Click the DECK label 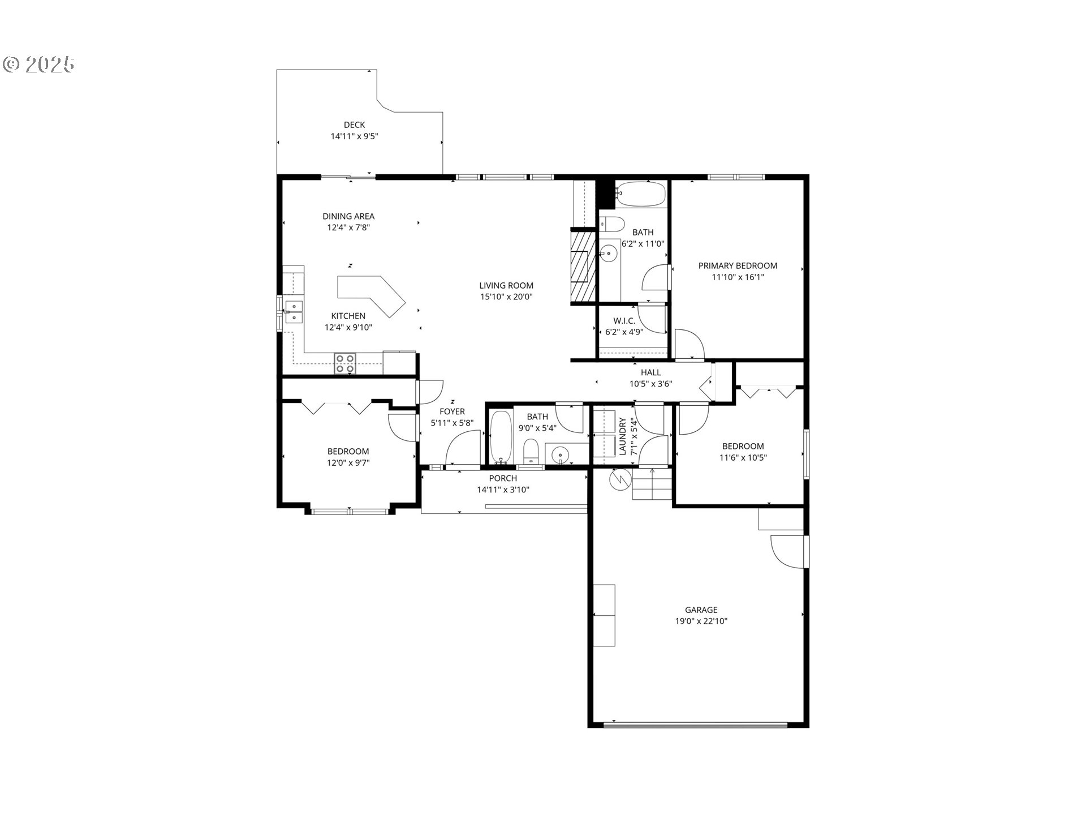[355, 125]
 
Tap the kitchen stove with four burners [345, 363]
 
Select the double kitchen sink [294, 312]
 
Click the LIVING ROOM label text [506, 286]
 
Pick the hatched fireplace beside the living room [583, 266]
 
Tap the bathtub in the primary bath [641, 194]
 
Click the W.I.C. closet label [624, 321]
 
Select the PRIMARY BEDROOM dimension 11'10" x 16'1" [738, 277]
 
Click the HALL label [651, 372]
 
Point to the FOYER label [452, 411]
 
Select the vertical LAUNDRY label [622, 436]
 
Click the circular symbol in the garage [620, 479]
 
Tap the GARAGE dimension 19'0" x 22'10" [701, 621]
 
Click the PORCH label [503, 478]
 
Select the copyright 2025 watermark [39, 65]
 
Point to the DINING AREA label [348, 216]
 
